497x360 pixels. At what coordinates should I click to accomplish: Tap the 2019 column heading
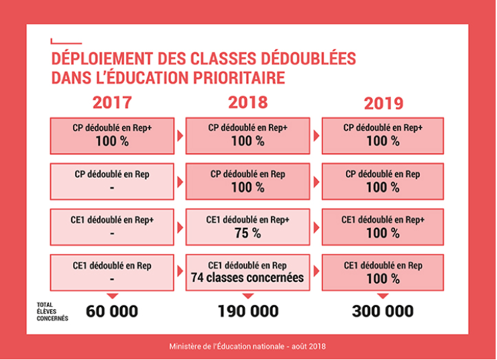pos(383,103)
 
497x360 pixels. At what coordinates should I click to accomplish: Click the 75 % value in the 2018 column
pos(247,233)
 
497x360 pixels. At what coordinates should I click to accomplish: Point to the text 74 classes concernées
pos(247,278)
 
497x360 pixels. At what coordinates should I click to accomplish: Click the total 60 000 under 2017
pos(112,311)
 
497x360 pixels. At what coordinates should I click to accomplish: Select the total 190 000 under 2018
pos(247,311)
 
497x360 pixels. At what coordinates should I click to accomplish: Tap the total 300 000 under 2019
pos(383,311)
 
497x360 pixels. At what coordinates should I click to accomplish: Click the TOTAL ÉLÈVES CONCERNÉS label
pos(52,311)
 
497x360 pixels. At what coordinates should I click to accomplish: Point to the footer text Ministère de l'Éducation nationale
pos(247,346)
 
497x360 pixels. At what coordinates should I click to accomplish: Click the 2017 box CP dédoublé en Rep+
pos(112,135)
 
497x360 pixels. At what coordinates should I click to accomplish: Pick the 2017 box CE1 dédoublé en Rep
pos(112,272)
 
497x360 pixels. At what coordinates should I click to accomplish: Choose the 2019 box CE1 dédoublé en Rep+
pos(383,227)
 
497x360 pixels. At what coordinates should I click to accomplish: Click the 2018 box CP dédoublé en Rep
pos(247,181)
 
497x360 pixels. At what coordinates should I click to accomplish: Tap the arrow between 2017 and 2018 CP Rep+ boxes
pos(180,135)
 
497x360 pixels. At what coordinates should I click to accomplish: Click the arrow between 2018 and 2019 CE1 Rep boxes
pos(315,272)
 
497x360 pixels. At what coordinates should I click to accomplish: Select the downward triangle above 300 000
pos(383,296)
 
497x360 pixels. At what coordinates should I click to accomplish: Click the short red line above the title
pos(66,42)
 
